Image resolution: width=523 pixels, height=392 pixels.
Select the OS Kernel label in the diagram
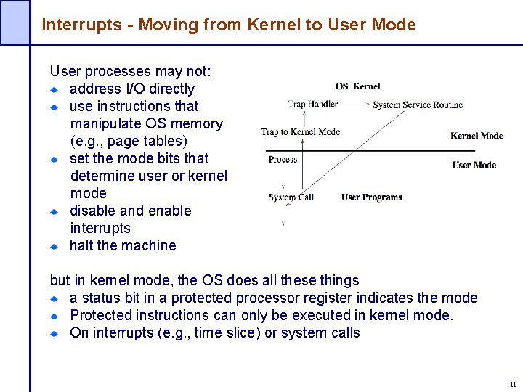click(357, 86)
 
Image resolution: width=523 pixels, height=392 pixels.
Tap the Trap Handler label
click(312, 104)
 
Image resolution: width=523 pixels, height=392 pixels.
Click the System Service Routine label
click(418, 105)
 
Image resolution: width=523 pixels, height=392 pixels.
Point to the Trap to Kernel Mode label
click(300, 132)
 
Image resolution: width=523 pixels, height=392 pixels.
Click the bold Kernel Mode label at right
click(477, 136)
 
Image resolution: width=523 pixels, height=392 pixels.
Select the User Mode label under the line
click(474, 165)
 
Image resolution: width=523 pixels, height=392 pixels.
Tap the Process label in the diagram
click(283, 160)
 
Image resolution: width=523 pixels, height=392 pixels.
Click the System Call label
click(291, 197)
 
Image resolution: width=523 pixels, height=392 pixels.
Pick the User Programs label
click(371, 197)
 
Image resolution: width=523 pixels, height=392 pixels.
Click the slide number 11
click(512, 385)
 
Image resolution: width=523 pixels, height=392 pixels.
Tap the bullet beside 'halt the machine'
click(54, 247)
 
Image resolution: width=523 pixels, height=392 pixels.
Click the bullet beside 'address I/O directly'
click(54, 90)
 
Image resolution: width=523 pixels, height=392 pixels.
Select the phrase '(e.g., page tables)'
click(129, 141)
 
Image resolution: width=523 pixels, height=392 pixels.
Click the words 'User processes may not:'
click(131, 71)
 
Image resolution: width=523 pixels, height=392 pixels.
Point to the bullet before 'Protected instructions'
click(54, 317)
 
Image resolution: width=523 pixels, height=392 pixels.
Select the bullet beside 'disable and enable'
click(54, 212)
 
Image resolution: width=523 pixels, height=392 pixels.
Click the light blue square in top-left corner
click(15, 22)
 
